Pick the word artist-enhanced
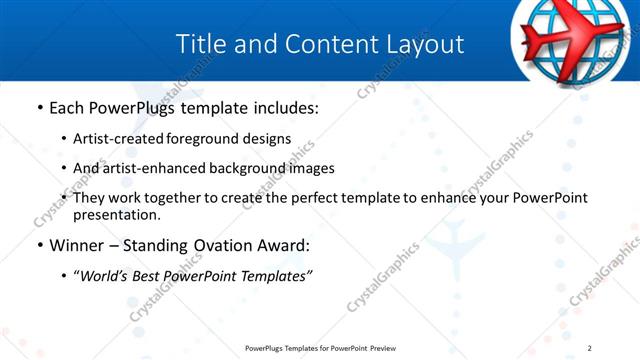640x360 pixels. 150,168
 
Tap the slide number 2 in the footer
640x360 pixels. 590,348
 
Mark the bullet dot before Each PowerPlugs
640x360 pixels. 39,107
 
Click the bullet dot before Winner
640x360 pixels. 39,244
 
